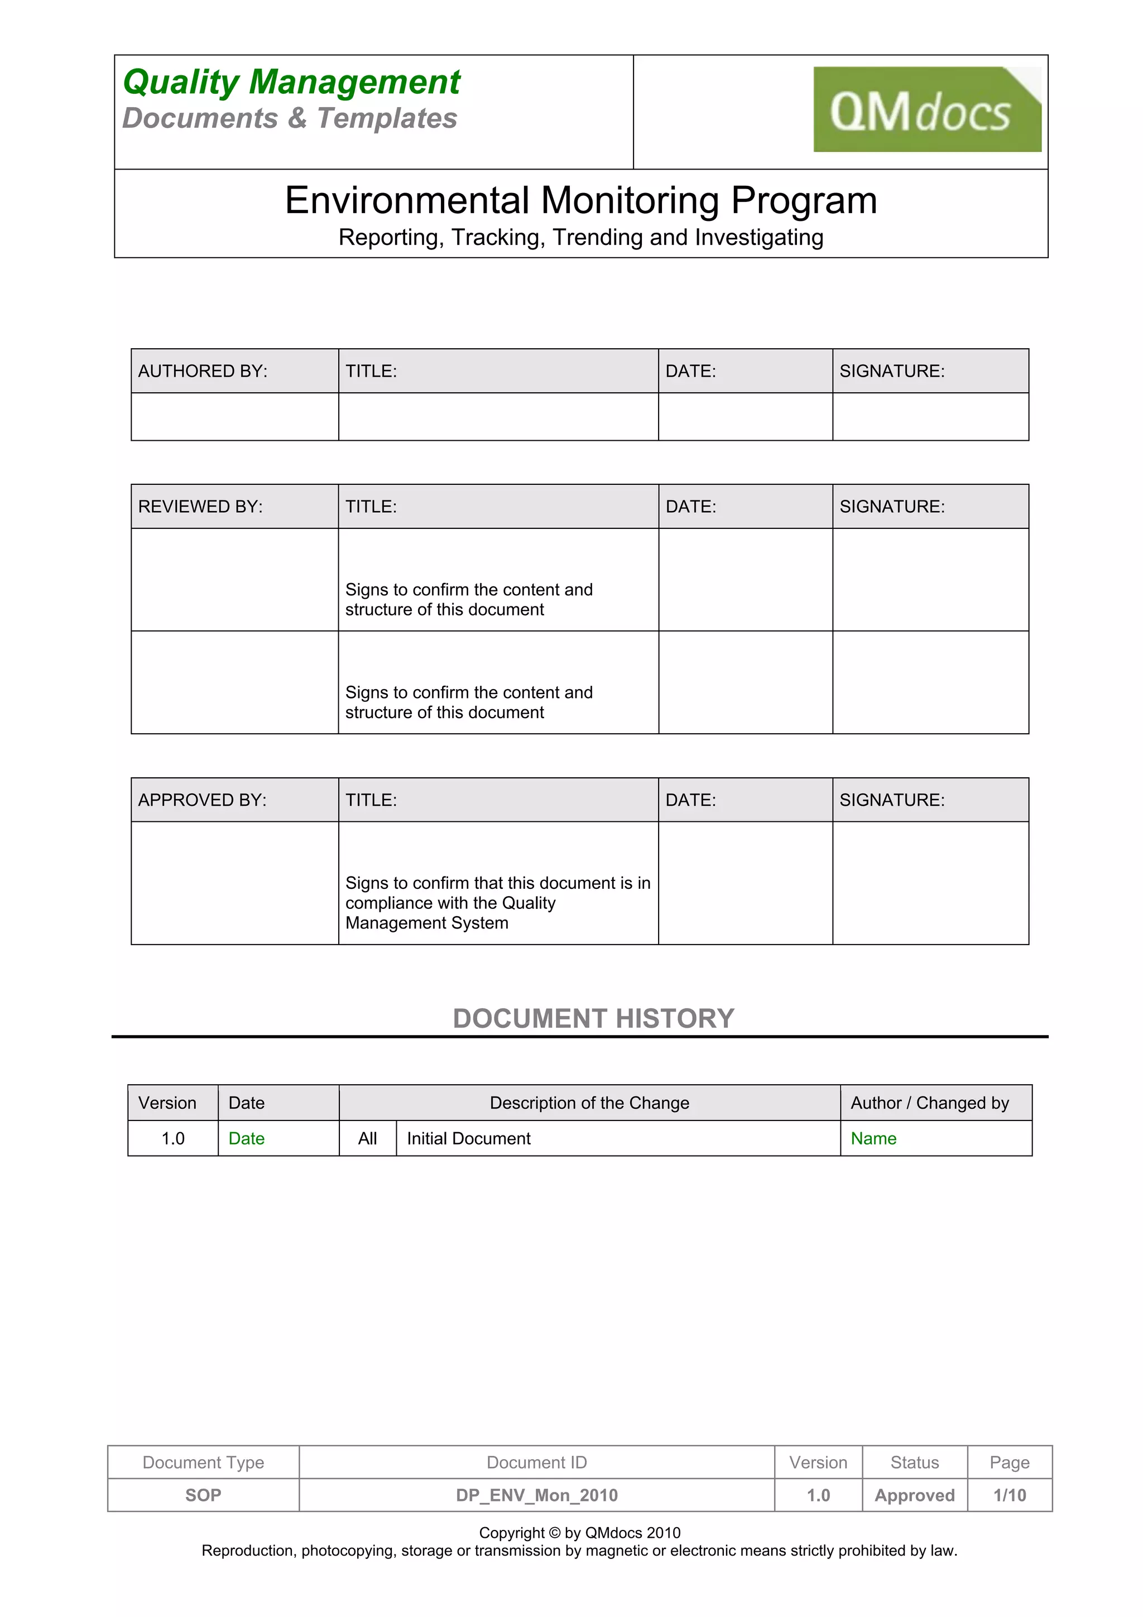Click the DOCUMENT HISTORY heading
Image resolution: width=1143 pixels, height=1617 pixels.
593,1018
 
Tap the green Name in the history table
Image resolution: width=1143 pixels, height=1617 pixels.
873,1139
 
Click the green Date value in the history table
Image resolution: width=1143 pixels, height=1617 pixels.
247,1139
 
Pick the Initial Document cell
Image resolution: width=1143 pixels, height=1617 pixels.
468,1139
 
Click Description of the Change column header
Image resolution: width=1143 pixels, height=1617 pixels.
589,1103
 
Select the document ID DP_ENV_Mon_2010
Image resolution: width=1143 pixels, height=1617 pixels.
537,1495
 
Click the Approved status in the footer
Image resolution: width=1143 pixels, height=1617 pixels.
914,1495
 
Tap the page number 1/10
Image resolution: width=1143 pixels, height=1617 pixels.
1009,1495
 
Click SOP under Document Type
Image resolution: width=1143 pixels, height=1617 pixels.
203,1495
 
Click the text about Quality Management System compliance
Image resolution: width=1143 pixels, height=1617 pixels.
497,903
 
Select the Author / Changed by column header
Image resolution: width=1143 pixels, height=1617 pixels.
930,1103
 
